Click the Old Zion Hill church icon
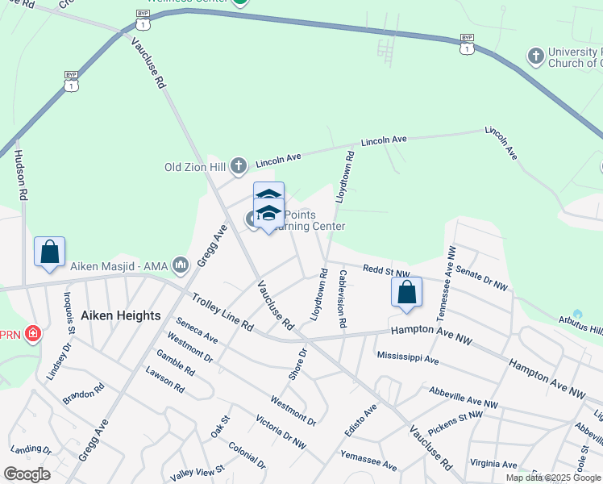point(238,167)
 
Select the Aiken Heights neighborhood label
point(121,315)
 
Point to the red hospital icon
point(32,333)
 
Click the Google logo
point(27,474)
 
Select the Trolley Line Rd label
point(222,314)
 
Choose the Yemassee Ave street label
point(368,461)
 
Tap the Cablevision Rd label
point(343,298)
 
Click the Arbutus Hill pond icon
point(577,314)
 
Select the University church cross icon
point(534,56)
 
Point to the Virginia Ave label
point(493,464)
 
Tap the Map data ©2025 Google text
point(553,478)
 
